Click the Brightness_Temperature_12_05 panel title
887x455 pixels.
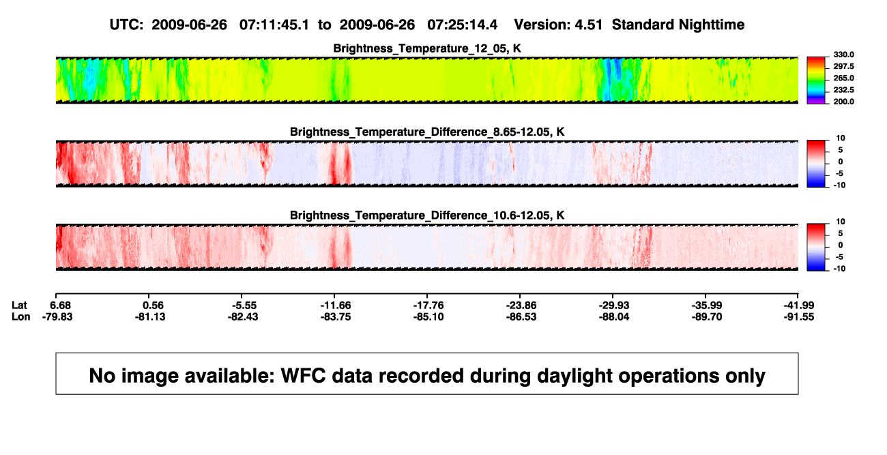[427, 48]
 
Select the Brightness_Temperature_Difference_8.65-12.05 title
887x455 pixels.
[427, 132]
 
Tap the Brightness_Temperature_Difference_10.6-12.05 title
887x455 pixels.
[427, 216]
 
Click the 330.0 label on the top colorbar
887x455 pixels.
[843, 55]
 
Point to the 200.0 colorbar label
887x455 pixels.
[843, 102]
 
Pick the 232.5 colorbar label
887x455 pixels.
[843, 90]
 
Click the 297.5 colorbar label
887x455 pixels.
[843, 67]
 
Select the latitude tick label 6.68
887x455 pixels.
[60, 306]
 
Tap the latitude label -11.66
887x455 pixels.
[336, 306]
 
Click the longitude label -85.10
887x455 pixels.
[428, 317]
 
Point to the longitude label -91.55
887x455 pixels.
[799, 317]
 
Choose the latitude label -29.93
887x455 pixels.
[614, 306]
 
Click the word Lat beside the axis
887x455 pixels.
[19, 306]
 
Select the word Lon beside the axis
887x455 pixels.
[21, 317]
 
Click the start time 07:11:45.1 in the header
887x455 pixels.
[274, 25]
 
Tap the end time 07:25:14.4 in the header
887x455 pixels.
[462, 25]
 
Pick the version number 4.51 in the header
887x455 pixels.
[588, 25]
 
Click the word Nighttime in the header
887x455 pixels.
[711, 25]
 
